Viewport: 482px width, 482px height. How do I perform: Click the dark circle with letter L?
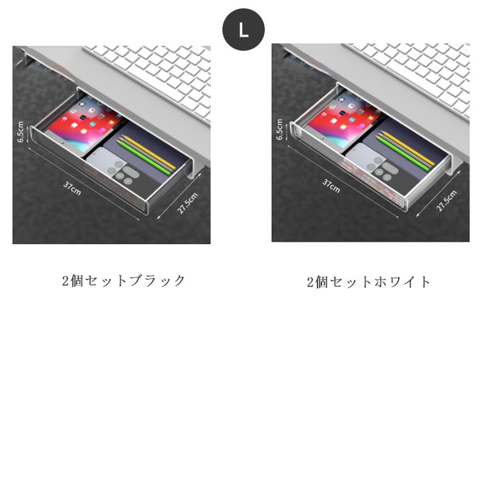coord(244,30)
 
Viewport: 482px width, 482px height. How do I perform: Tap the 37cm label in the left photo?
coord(72,188)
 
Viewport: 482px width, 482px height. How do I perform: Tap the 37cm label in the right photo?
coord(332,186)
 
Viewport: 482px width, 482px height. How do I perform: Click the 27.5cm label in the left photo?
coord(187,203)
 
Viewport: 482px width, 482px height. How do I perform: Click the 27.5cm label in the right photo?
coord(447,201)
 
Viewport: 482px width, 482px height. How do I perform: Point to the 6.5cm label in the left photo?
coord(21,132)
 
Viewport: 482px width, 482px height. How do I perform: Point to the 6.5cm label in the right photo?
coord(280,129)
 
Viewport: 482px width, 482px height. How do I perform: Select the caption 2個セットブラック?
coord(123,281)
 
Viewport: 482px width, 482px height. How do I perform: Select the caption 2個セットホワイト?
coord(369,282)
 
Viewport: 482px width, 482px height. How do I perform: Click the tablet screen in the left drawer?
coord(84,122)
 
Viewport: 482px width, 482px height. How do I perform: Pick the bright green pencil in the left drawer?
coord(143,157)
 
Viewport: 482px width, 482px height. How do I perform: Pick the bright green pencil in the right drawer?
coord(402,154)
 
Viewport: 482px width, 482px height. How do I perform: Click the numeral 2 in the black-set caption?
coord(66,281)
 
